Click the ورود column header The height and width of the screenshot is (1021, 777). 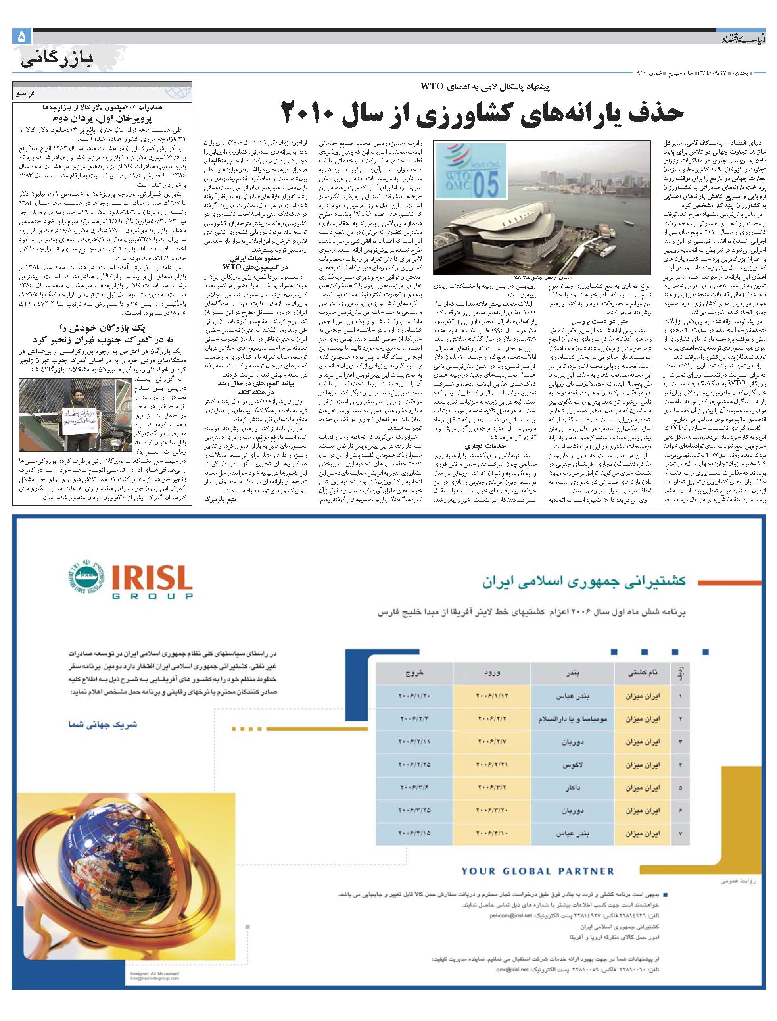pos(492,673)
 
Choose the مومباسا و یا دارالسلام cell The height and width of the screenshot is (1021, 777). pos(573,719)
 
